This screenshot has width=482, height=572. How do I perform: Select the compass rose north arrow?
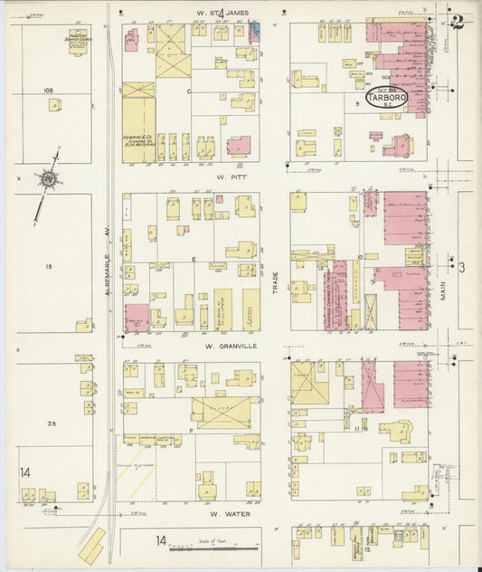tap(47, 181)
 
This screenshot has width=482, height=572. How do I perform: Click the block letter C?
tap(189, 92)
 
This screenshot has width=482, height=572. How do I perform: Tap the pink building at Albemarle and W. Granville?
tap(136, 317)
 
